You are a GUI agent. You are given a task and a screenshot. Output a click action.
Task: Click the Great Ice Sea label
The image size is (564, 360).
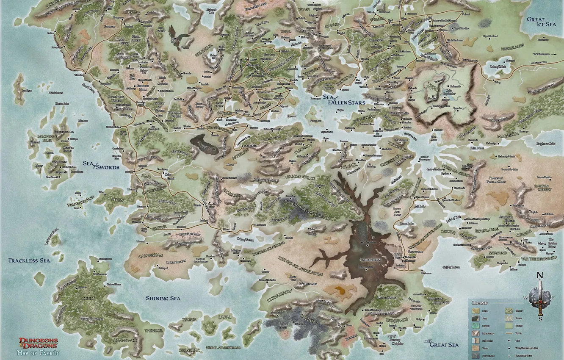pos(541,22)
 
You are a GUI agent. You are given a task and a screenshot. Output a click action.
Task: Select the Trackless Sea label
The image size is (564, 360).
pos(29,260)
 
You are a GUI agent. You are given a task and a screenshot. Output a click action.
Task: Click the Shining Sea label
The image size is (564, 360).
pos(163,298)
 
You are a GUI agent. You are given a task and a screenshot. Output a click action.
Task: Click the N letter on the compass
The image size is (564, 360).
pos(539,275)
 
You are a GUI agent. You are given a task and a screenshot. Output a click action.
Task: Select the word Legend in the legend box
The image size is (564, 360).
pos(480,303)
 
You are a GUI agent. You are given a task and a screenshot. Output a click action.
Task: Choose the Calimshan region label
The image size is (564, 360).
pos(150,255)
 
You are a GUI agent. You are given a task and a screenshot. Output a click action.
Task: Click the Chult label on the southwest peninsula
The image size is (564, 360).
pos(88,298)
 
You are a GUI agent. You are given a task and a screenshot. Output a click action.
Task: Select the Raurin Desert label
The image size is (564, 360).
pos(543,188)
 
